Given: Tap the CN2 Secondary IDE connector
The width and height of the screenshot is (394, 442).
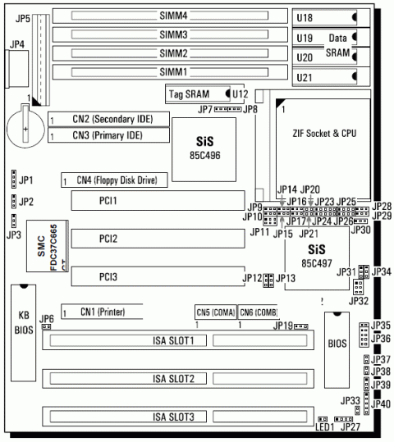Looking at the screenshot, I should (107, 120).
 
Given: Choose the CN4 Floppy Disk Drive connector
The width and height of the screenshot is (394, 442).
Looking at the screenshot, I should (115, 180).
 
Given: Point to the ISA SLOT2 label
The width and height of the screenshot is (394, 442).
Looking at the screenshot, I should (173, 378).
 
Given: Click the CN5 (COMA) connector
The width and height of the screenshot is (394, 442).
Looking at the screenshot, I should (215, 312).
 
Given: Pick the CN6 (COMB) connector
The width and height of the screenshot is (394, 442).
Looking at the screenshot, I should (257, 312).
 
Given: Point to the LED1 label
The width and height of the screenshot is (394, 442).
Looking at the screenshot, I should (323, 428).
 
